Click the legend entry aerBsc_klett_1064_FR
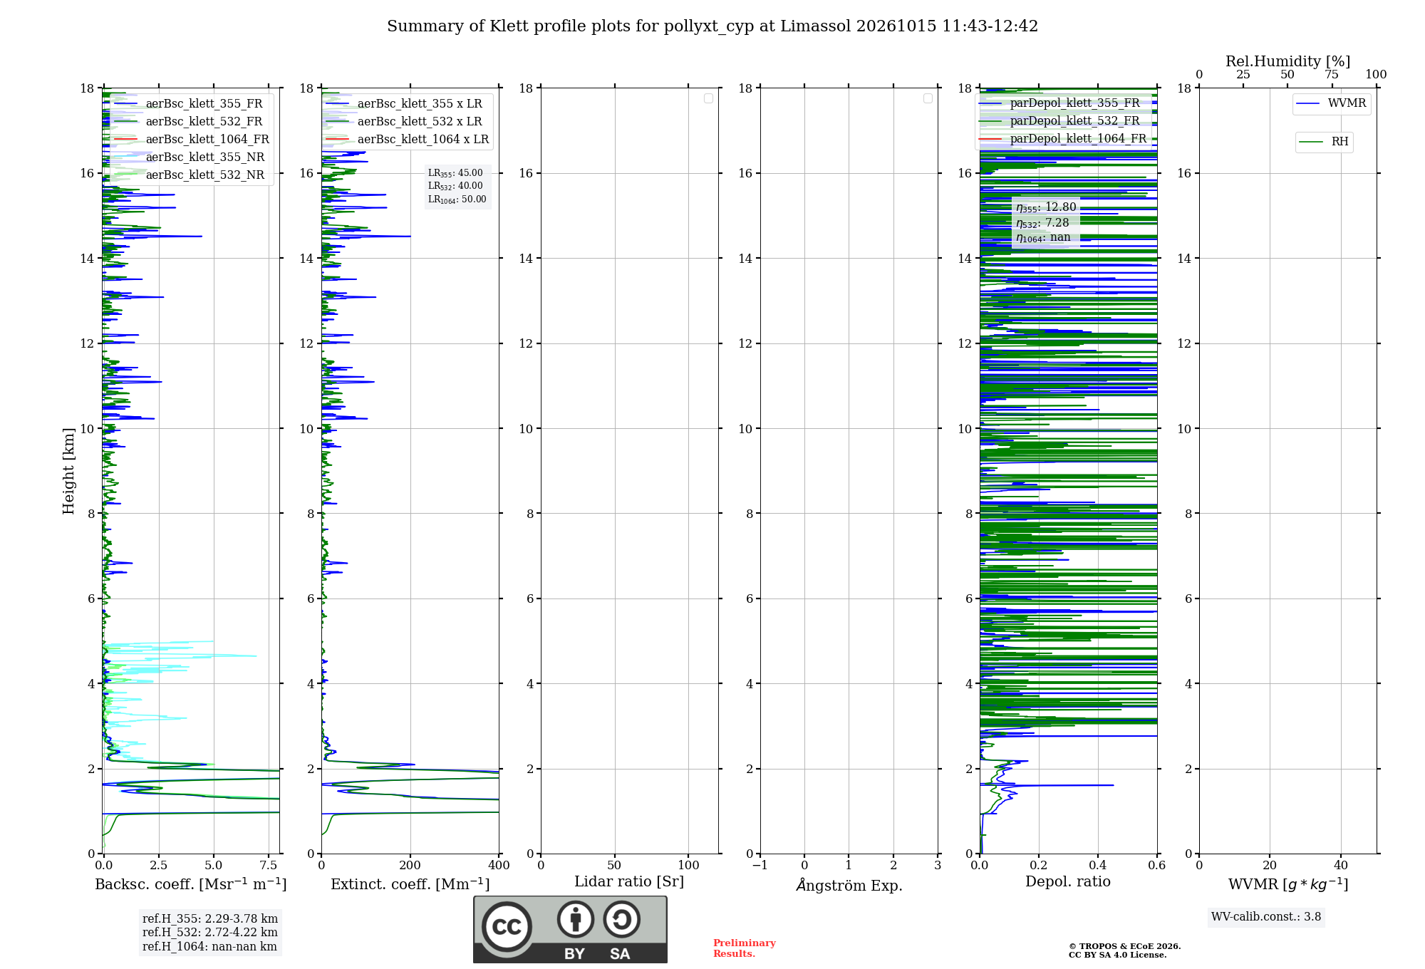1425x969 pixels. click(191, 139)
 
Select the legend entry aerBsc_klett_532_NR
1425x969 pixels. click(189, 175)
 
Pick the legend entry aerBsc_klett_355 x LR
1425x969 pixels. click(403, 103)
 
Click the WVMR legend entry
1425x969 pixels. click(1331, 103)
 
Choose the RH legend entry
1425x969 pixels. click(1324, 142)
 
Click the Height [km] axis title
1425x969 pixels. click(68, 471)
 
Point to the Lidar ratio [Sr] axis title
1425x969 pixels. click(629, 881)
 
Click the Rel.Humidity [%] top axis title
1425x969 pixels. click(1287, 61)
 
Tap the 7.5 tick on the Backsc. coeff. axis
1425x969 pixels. click(269, 865)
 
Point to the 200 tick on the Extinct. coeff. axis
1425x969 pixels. click(410, 865)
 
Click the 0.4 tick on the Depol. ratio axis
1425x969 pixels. click(1098, 865)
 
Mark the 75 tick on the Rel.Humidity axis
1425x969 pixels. click(1332, 74)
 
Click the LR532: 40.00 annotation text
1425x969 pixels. click(455, 186)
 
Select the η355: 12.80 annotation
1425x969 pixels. click(1046, 207)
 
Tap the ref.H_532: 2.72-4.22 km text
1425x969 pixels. click(210, 932)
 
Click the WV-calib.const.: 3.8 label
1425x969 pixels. click(1266, 916)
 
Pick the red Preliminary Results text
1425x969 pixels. click(745, 948)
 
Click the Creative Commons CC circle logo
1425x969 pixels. click(507, 927)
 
